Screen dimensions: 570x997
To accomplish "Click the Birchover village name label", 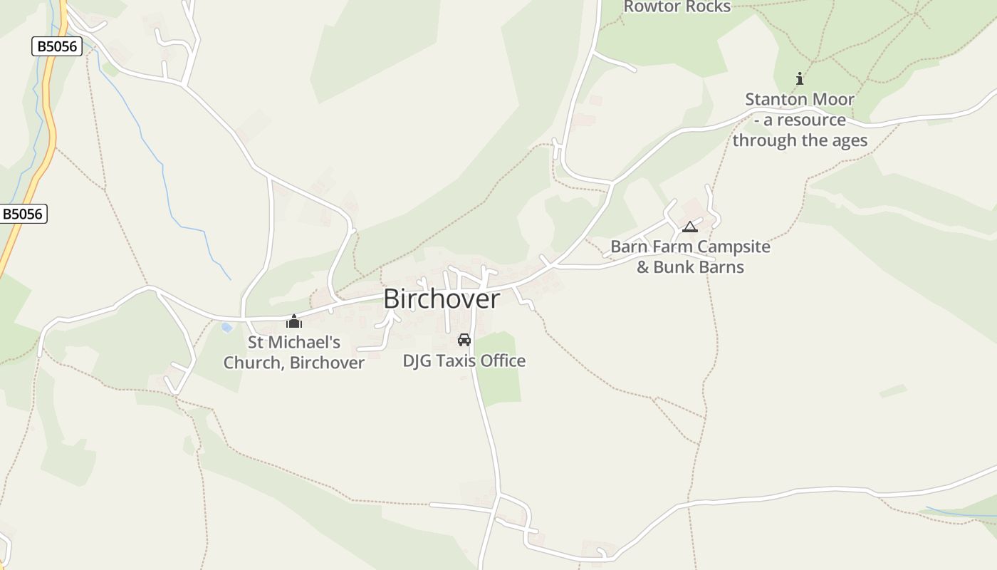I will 442,299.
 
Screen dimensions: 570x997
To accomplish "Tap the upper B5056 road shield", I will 57,46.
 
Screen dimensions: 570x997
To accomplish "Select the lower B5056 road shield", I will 23,214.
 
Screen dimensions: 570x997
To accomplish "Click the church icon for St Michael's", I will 294,322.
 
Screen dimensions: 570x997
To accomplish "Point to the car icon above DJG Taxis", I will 464,340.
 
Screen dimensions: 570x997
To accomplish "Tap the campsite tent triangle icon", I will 689,227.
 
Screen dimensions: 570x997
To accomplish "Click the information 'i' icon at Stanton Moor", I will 800,78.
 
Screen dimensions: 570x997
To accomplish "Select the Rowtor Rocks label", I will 677,7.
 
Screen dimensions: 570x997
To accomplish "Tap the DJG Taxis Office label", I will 464,361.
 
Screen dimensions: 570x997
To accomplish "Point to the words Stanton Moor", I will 800,99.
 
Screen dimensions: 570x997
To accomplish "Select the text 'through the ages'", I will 800,140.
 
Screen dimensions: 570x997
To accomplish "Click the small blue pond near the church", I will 226,328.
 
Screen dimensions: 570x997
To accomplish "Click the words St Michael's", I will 294,343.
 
